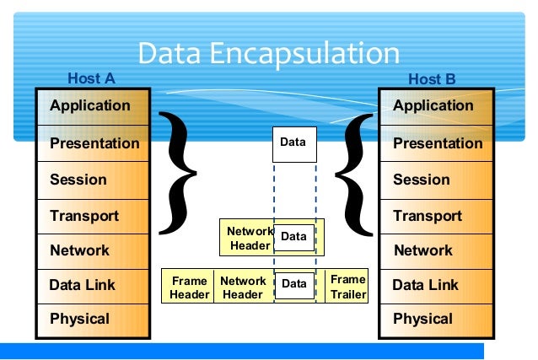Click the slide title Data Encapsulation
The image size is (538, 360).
pos(268,53)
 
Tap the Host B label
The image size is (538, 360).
pos(432,79)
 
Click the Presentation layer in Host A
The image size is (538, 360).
pos(93,143)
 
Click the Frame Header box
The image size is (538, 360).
pos(189,287)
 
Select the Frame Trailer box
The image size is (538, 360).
pos(347,287)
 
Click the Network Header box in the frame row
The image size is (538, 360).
pos(243,287)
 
